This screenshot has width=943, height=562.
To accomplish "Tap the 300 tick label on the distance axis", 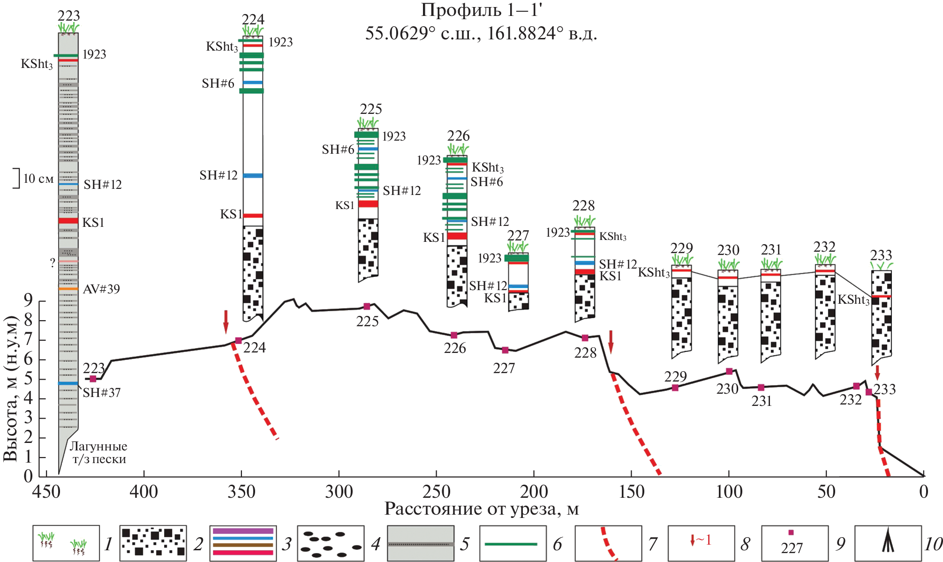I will click(x=339, y=492).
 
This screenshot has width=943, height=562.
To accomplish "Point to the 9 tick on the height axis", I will click(x=28, y=300).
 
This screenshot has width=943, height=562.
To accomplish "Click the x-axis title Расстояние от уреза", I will click(x=481, y=509).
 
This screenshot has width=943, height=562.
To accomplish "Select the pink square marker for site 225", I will click(x=367, y=307).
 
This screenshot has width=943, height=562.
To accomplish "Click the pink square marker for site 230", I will click(x=729, y=371).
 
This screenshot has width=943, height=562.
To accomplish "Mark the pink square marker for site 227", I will click(x=505, y=350).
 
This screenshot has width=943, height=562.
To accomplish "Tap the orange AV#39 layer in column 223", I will click(x=68, y=289).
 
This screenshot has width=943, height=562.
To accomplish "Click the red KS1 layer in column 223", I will click(x=68, y=221).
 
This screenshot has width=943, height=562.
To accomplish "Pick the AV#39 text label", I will click(x=101, y=289).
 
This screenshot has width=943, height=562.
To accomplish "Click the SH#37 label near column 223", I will click(x=102, y=393).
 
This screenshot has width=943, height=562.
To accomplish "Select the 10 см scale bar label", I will click(x=38, y=179).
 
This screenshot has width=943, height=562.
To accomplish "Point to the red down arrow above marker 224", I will click(x=226, y=321).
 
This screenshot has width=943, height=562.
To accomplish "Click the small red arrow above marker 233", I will click(x=877, y=373).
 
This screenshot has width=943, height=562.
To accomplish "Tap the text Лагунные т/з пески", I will click(x=99, y=453).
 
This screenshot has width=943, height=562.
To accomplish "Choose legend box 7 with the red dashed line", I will click(x=608, y=543).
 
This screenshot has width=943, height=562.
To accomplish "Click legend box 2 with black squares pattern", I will click(x=153, y=543).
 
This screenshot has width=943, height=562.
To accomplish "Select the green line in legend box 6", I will click(x=511, y=544).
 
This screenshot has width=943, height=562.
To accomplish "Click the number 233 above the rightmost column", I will click(x=881, y=255).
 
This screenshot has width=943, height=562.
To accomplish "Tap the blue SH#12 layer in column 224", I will click(x=253, y=176).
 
